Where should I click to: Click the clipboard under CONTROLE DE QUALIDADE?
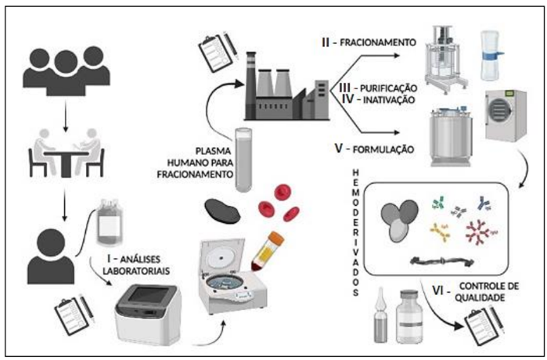coord(484,320)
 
